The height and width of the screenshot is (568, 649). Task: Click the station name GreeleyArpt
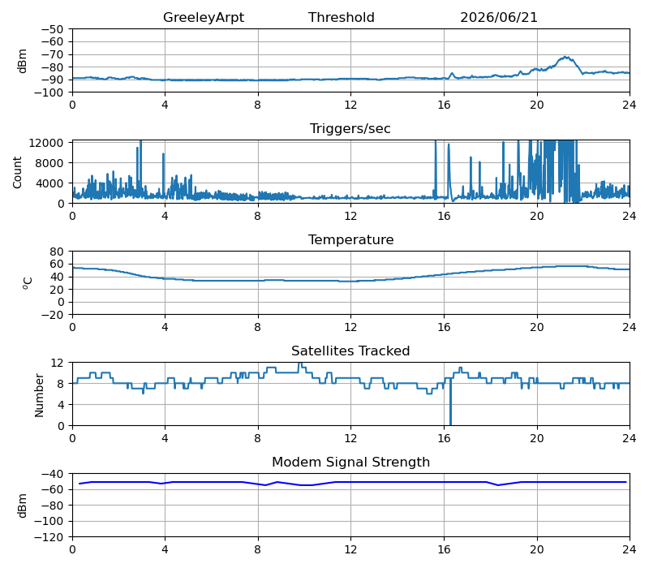click(204, 17)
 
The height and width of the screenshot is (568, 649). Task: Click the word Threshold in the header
click(341, 17)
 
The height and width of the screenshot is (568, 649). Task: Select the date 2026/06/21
click(499, 17)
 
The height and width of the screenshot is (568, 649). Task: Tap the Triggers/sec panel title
click(350, 129)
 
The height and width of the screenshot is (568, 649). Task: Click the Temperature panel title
click(350, 239)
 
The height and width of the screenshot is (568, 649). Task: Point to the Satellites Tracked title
click(350, 351)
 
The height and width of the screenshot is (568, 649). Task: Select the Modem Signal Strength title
click(350, 462)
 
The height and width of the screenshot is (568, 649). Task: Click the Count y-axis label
click(17, 172)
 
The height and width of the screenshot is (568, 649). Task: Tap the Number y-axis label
click(39, 395)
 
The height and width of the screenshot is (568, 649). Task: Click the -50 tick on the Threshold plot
click(52, 29)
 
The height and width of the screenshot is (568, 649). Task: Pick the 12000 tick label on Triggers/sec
click(46, 143)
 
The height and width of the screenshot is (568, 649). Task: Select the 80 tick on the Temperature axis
click(58, 252)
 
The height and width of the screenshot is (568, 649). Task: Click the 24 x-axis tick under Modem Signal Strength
click(630, 550)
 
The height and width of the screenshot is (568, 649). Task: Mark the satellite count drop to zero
click(450, 424)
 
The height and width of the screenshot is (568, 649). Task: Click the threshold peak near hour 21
click(565, 57)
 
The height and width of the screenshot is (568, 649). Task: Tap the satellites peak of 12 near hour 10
click(300, 364)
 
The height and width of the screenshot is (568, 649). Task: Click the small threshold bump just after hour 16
click(452, 74)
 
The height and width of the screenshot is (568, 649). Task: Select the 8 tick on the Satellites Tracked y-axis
click(60, 384)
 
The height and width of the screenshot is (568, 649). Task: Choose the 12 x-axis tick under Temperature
click(350, 328)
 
